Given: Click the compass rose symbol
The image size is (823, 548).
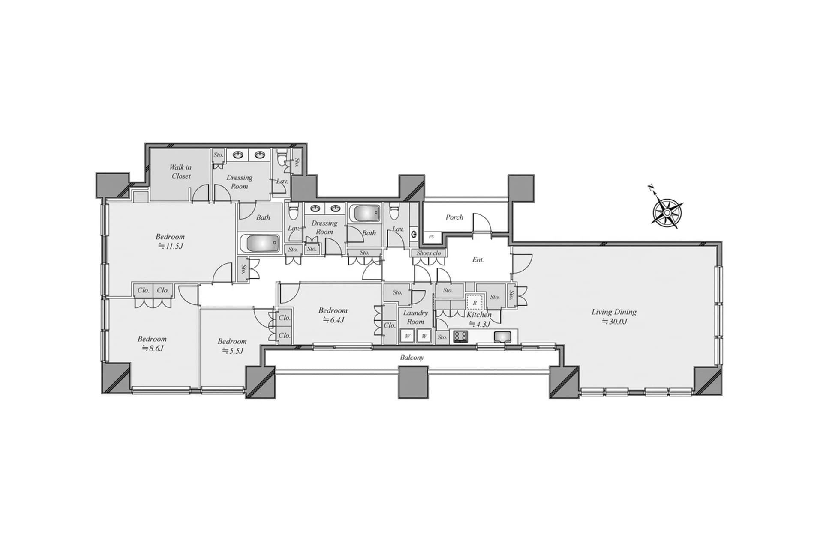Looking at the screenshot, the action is [667, 211].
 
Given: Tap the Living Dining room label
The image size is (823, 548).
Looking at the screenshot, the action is [614, 312].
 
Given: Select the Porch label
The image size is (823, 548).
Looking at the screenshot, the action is [454, 217].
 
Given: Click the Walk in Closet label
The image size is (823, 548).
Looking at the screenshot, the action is [181, 172].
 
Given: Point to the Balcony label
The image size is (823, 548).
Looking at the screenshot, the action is [412, 357].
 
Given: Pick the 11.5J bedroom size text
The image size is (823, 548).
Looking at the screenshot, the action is [171, 246].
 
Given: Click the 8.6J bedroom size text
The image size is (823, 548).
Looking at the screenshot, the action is [153, 348].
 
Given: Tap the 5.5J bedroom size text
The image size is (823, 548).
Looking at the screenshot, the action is [232, 351].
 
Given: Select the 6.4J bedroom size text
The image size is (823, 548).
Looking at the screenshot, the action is [333, 320].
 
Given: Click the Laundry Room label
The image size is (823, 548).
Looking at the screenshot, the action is [415, 317].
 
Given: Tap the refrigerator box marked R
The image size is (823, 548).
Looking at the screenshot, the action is [475, 303].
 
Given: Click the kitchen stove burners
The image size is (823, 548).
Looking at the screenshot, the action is [461, 337].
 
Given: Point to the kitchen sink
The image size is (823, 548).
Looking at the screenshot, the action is [502, 337].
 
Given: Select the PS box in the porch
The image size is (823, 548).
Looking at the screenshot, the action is [431, 237].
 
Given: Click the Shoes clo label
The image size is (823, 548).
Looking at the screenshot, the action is [429, 253].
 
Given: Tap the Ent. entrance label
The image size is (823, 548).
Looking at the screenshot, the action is [478, 260].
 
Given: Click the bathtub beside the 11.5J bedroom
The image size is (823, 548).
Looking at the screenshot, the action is [260, 244].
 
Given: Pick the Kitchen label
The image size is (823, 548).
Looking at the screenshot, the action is [479, 314].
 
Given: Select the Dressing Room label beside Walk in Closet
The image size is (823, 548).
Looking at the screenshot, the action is [239, 182].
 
